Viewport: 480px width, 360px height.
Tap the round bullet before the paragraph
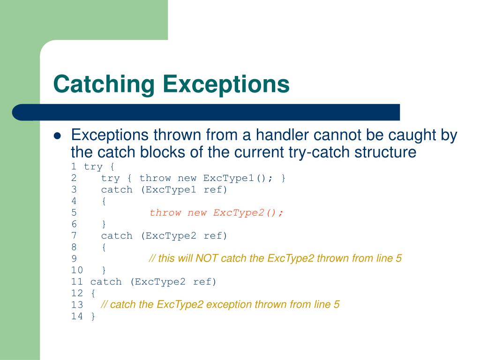[x=58, y=136]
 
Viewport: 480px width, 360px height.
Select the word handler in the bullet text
[x=278, y=135]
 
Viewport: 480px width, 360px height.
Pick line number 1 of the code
[x=74, y=167]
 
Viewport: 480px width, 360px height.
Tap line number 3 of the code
[x=74, y=190]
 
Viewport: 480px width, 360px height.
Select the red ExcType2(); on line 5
[x=248, y=213]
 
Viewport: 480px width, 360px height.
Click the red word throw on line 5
[x=165, y=213]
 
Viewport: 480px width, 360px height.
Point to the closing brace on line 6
[x=104, y=224]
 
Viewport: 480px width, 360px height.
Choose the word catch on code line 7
[x=117, y=236]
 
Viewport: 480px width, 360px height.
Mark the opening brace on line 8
[x=104, y=247]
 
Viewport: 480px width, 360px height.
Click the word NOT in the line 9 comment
[x=207, y=258]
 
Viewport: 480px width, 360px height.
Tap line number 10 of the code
[x=77, y=270]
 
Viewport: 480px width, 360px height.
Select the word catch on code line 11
[x=106, y=282]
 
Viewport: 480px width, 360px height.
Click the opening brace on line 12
[x=93, y=293]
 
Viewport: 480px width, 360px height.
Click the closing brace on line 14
[x=93, y=316]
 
